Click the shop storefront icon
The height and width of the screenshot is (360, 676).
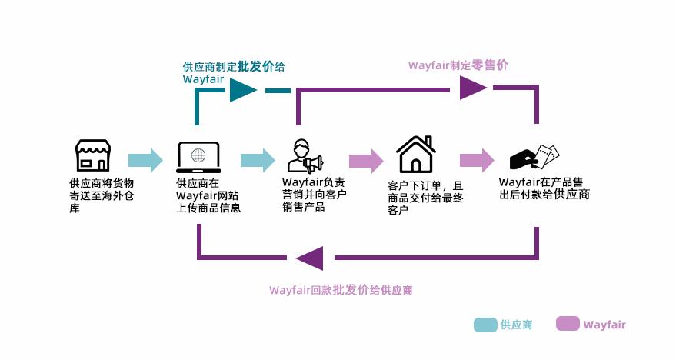[x=93, y=155]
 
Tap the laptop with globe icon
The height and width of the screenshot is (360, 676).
[x=198, y=157]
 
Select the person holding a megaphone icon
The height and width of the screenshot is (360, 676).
[x=305, y=155]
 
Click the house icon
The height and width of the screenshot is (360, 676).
[x=415, y=155]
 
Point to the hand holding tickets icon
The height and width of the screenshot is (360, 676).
[x=534, y=158]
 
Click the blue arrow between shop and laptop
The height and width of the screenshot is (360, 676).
[x=145, y=160]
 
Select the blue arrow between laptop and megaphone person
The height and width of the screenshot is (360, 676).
[x=258, y=160]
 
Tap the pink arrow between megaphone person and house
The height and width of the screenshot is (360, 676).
[x=366, y=161]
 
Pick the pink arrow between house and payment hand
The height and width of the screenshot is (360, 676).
[x=477, y=160]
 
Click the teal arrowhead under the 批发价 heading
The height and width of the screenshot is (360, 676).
[x=243, y=90]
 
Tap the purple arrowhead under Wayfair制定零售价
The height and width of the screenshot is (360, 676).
[x=473, y=88]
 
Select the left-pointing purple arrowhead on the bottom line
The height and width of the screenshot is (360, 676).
[x=310, y=258]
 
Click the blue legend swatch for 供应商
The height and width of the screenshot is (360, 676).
[x=485, y=325]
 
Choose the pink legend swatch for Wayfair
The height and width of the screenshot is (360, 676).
[x=568, y=324]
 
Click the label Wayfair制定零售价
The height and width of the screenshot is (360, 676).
[x=458, y=65]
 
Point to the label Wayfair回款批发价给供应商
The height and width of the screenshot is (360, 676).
[x=341, y=290]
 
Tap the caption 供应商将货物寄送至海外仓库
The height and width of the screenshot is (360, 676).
[x=102, y=195]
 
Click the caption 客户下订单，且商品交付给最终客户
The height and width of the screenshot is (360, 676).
[x=425, y=198]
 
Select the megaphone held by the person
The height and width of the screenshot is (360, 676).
[x=314, y=163]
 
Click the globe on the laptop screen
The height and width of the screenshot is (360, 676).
[x=198, y=155]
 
